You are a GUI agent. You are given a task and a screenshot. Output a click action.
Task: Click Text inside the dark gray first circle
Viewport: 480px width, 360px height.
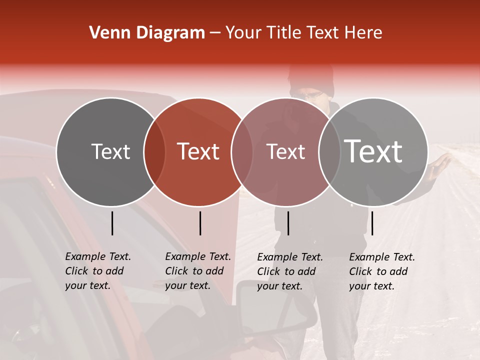[x=110, y=151]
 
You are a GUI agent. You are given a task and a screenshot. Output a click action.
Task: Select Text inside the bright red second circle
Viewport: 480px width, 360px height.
[x=198, y=151]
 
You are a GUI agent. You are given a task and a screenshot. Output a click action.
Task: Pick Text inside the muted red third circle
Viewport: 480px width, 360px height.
[x=285, y=151]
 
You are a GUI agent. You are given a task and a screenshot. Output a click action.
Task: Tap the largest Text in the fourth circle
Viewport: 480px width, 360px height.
[x=373, y=151]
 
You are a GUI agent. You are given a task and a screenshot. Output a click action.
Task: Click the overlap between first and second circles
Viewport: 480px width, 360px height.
[x=154, y=152]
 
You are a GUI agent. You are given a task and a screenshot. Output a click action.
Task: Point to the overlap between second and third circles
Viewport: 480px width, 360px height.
[x=242, y=152]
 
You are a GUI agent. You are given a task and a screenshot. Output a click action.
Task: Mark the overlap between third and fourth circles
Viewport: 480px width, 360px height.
[x=329, y=152]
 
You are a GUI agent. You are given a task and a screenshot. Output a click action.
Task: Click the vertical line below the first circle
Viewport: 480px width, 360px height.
[x=112, y=223]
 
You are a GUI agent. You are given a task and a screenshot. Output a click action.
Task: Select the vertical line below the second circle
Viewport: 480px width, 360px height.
[x=200, y=223]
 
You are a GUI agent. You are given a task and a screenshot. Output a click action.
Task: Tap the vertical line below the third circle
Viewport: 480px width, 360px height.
[x=288, y=223]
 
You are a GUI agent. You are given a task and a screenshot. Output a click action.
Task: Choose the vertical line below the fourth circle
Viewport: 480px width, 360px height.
[x=372, y=223]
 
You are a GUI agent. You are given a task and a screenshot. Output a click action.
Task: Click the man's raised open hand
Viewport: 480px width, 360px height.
[x=442, y=161]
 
